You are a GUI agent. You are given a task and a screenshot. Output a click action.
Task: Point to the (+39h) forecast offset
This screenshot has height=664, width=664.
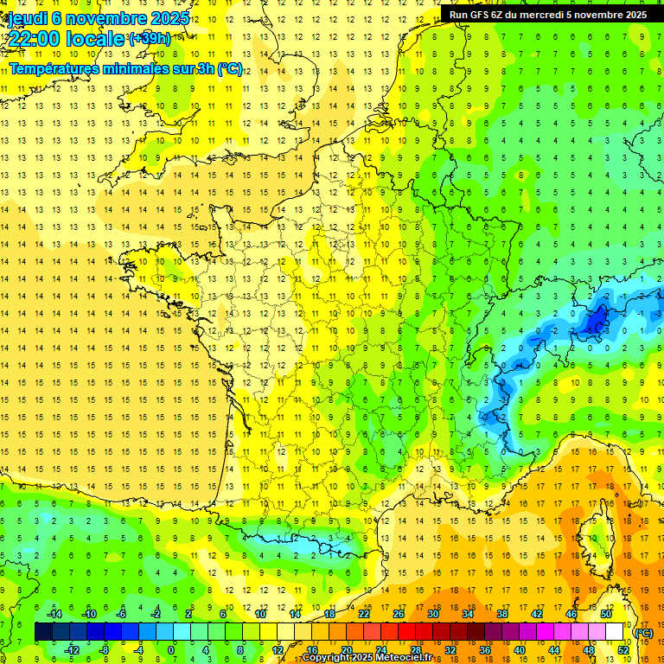149,39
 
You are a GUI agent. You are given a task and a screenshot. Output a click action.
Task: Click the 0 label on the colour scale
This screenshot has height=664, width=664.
170,650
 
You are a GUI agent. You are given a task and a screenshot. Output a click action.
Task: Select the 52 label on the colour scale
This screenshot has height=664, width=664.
622,650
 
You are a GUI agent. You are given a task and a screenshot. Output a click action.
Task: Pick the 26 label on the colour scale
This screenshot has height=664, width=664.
399,614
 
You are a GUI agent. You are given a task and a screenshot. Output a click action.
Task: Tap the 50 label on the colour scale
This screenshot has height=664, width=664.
605,614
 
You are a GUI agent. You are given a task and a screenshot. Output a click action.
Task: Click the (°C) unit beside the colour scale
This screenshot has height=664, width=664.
643,632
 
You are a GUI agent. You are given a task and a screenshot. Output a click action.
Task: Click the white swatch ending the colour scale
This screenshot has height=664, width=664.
614,632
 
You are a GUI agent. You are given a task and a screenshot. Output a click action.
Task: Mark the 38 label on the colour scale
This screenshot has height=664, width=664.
501,614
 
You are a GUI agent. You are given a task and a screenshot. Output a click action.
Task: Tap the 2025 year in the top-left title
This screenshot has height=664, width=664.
170,18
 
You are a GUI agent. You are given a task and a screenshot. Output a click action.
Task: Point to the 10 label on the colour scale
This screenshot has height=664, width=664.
260,614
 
